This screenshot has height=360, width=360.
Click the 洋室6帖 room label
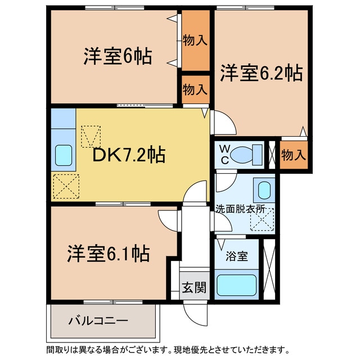coord(118,57)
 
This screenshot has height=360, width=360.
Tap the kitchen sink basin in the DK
coord(63,154)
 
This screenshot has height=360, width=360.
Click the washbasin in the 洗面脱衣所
coord(263,191)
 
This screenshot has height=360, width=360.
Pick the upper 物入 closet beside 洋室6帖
coord(195,40)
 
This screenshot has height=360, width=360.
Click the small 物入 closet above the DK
coord(195,89)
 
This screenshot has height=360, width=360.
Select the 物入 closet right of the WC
coord(294,154)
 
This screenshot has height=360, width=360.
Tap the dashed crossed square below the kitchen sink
coord(66,186)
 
